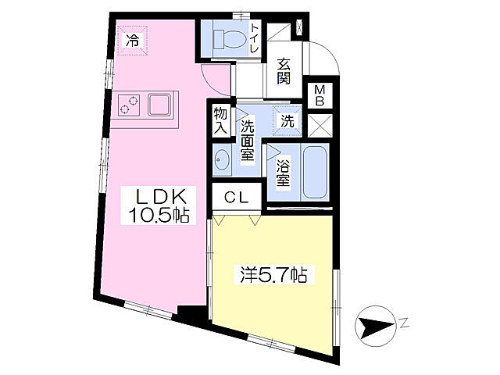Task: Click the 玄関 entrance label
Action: (284, 73)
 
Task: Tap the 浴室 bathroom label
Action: (284, 172)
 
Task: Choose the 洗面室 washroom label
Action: (247, 140)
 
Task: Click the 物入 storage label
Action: (221, 122)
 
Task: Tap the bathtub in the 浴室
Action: (316, 172)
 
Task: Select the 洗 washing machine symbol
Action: (287, 121)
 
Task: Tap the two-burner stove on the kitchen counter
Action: (130, 105)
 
